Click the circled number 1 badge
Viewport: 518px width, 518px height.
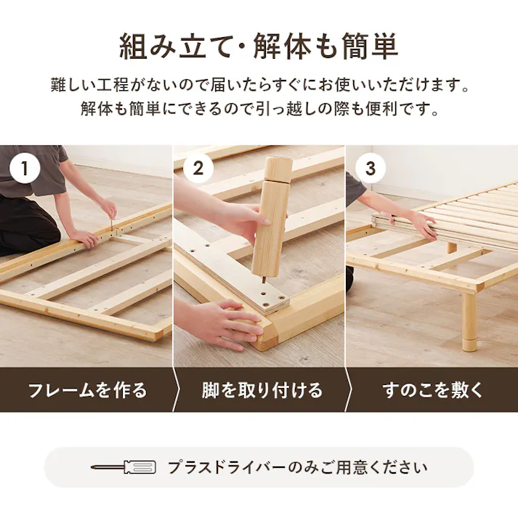25,168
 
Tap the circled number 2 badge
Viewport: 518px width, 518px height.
198,168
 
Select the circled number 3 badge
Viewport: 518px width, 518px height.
371,168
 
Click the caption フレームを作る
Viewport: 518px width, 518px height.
88,390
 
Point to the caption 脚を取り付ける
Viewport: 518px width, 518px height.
262,390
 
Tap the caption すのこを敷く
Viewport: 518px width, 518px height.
433,390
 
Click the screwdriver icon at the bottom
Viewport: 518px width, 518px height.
124,467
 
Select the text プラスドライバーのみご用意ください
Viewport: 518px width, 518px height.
298,467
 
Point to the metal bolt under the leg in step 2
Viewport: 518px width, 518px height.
264,280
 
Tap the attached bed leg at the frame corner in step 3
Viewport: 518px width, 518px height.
469,321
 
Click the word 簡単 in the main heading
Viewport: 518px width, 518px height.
370,46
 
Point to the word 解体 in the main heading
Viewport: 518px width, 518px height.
283,46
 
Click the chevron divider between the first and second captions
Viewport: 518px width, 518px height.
177,390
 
